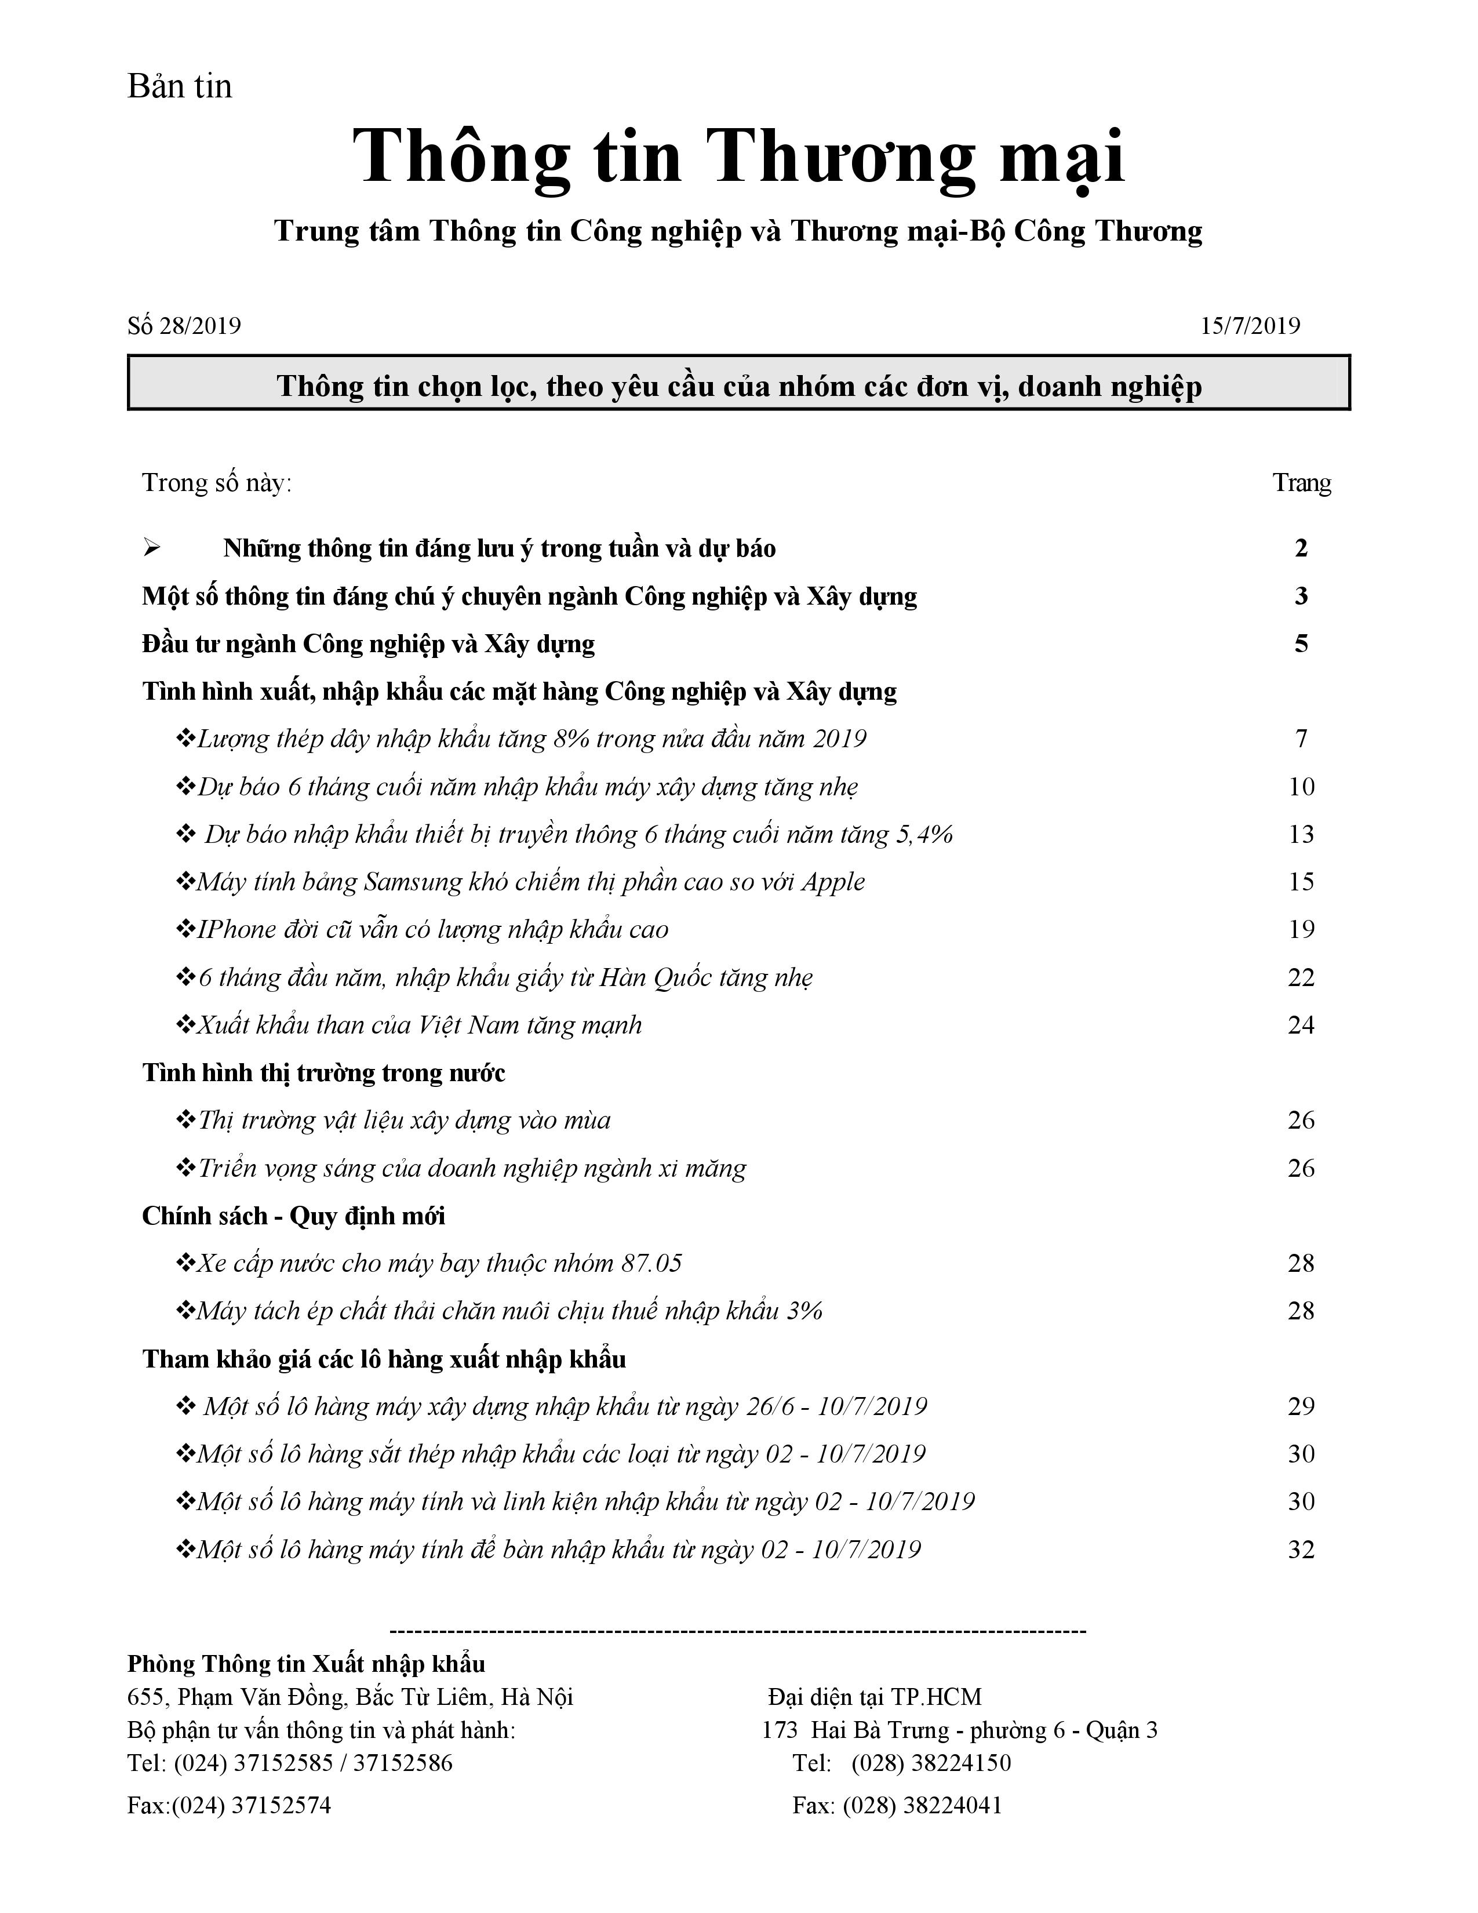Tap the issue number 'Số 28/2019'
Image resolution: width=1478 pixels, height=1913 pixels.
184,326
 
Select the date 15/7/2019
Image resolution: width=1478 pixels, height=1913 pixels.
1250,326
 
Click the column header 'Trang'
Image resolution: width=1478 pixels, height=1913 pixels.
1301,483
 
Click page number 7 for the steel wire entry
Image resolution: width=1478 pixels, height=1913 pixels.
1301,739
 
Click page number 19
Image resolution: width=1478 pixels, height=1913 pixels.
1301,929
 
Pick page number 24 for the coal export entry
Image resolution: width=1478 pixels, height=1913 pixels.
1301,1025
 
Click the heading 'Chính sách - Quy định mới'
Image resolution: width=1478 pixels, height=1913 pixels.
293,1216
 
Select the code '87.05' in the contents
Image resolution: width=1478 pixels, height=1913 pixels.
651,1263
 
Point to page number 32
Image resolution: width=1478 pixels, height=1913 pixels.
1301,1550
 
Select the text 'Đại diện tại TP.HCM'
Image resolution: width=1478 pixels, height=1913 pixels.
875,1697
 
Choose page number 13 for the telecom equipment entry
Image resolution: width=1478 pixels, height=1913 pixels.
1301,834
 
